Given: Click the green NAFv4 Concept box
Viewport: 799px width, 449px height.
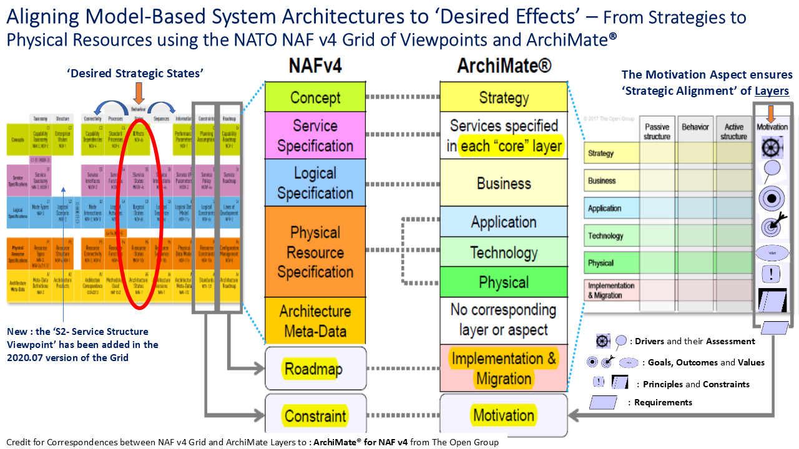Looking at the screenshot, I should click(x=315, y=97).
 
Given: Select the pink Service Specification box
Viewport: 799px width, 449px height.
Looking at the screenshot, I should click(x=315, y=136).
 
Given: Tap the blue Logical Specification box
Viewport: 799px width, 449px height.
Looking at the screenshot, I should click(x=315, y=183).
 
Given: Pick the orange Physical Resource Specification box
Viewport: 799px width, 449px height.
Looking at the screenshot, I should click(x=315, y=252).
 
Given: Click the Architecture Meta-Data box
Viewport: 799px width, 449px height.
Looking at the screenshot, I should click(x=315, y=321).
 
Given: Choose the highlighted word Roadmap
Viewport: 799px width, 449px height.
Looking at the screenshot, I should click(x=313, y=369).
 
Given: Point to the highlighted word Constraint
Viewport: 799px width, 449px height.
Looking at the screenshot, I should click(x=315, y=416).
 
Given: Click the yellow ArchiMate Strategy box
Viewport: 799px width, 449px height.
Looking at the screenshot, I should click(x=504, y=97).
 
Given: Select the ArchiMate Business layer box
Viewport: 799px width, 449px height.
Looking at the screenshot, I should click(x=504, y=183).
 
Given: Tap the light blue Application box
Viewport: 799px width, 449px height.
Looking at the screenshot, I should click(x=504, y=223).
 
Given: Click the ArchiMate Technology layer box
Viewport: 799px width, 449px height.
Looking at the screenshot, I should click(x=504, y=253).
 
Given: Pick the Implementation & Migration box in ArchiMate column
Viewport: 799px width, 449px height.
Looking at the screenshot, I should click(x=504, y=369).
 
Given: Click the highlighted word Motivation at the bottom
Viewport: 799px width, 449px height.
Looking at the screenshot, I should click(x=504, y=415).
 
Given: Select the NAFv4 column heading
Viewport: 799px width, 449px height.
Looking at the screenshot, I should click(x=315, y=65).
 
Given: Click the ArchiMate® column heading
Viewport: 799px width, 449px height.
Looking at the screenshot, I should click(x=504, y=65).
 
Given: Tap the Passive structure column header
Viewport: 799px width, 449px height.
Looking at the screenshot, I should click(x=657, y=132).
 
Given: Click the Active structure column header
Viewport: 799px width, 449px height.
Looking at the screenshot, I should click(x=733, y=132).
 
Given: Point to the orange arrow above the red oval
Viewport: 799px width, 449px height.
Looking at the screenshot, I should click(x=139, y=94).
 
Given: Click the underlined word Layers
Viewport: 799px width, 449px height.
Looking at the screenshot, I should click(x=772, y=91).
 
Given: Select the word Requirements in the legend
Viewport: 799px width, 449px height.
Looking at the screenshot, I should click(x=663, y=403).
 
